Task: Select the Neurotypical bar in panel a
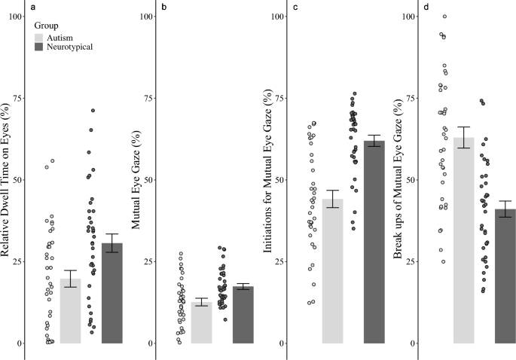click(111, 294)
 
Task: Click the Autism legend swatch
click(41, 36)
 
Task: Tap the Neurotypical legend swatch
click(41, 47)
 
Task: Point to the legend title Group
click(47, 25)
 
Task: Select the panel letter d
click(426, 7)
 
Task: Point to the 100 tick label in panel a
click(15, 17)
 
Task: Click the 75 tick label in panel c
click(280, 99)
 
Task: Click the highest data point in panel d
click(444, 17)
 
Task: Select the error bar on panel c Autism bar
click(332, 199)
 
